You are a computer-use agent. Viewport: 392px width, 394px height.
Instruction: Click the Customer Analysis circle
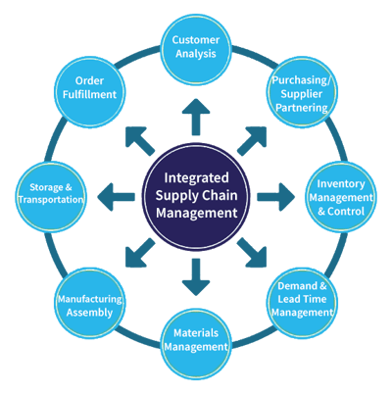coord(196,50)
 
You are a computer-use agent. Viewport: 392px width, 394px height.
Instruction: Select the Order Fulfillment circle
coord(89,91)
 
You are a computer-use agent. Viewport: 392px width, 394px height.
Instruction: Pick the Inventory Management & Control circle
coord(341,197)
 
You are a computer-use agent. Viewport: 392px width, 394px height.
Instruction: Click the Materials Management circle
coord(196,344)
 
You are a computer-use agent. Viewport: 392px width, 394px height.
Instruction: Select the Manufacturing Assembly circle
coord(89,303)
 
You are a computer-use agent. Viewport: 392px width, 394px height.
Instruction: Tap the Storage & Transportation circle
coord(51,197)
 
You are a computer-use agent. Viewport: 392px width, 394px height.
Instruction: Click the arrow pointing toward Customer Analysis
coord(196,117)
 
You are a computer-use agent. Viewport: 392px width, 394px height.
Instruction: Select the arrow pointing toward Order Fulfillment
coord(140,141)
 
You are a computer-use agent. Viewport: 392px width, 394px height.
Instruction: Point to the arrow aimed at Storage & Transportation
coord(116,197)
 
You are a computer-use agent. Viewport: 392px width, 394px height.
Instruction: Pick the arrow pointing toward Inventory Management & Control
coord(276,197)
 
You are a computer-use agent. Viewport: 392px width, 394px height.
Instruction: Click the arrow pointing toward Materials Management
coord(196,277)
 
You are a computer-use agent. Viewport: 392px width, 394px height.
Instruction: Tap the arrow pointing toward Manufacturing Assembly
coord(140,253)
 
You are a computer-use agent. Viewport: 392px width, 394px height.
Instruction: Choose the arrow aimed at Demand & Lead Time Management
coord(252,253)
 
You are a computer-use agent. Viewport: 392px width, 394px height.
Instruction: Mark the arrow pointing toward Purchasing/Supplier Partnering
coord(252,141)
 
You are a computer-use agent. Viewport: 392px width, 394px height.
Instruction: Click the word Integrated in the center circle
coord(196,178)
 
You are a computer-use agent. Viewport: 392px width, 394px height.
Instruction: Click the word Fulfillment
coord(89,94)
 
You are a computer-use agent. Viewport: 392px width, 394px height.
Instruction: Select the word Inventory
coord(341,184)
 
